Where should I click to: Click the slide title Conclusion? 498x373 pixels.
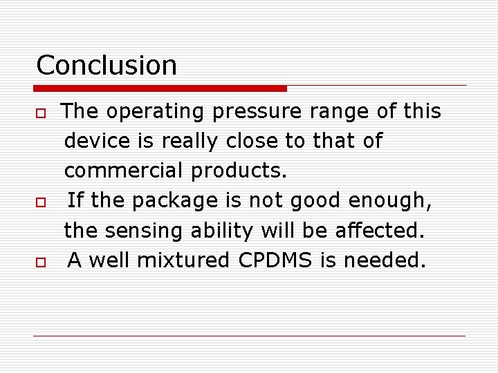pos(107,66)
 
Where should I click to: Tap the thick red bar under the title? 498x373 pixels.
pos(160,88)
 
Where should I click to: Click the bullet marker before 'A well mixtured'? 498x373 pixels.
pos(41,262)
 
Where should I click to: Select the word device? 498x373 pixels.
pos(97,141)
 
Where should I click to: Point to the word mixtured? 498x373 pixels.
pos(182,260)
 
